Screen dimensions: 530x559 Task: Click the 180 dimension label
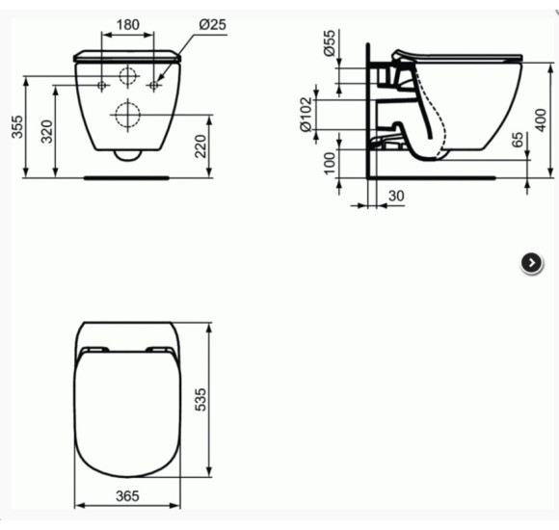pyautogui.click(x=127, y=23)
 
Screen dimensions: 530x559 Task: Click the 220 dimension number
pyautogui.click(x=200, y=146)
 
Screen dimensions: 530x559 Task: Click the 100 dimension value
pyautogui.click(x=330, y=164)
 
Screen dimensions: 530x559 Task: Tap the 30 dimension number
pyautogui.click(x=396, y=197)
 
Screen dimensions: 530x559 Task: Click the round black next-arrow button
pyautogui.click(x=530, y=263)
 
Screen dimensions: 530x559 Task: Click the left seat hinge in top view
pyautogui.click(x=94, y=350)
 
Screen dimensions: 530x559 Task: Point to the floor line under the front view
pyautogui.click(x=127, y=176)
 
